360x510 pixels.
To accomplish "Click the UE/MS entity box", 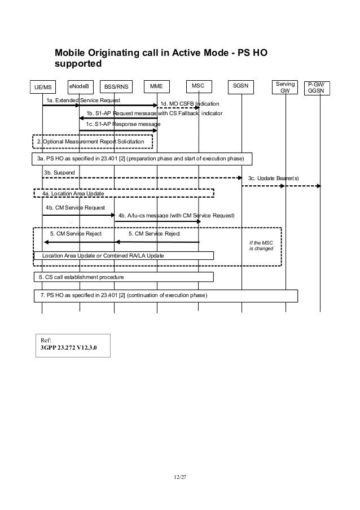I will coord(42,88).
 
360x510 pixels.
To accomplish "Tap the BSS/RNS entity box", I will coord(116,87).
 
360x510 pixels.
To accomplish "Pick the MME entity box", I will coord(157,86).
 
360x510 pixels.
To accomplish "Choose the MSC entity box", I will coord(198,86).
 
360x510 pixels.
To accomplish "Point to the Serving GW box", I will coord(286,87).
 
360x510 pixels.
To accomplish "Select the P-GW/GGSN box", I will coord(320,88).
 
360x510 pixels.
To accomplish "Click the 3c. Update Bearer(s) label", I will coord(274,178).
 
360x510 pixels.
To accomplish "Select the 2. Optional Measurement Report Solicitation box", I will coord(91,141).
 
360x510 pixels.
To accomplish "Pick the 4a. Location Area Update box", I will coord(123,193).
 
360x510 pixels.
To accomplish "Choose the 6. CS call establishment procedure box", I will coord(123,277).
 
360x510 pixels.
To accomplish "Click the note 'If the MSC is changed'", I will coord(261,245).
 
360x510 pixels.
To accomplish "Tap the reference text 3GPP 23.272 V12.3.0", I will coord(68,347).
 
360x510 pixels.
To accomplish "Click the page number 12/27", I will coord(180,477).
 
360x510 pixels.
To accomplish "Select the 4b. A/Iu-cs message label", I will coord(176,216).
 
